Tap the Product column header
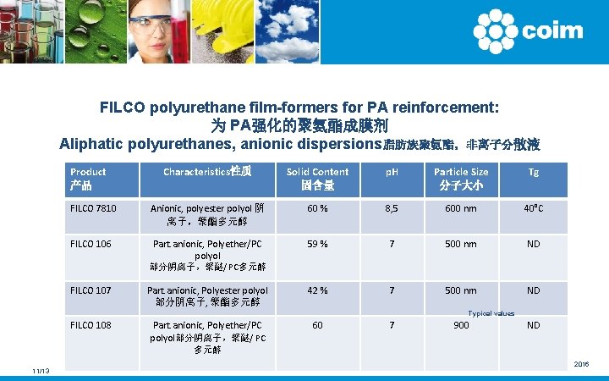click(x=88, y=178)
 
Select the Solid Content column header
click(x=317, y=178)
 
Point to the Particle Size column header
click(x=461, y=178)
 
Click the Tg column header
click(x=533, y=171)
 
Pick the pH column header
click(x=392, y=171)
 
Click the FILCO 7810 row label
click(x=93, y=207)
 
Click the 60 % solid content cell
click(x=317, y=207)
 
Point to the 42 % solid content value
click(x=317, y=290)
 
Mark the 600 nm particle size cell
click(x=461, y=207)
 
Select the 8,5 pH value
click(x=392, y=207)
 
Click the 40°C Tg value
click(x=533, y=207)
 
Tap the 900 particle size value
click(x=461, y=324)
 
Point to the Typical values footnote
click(x=491, y=313)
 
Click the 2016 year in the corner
click(x=581, y=364)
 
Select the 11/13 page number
click(x=40, y=372)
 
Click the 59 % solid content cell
click(x=317, y=244)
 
